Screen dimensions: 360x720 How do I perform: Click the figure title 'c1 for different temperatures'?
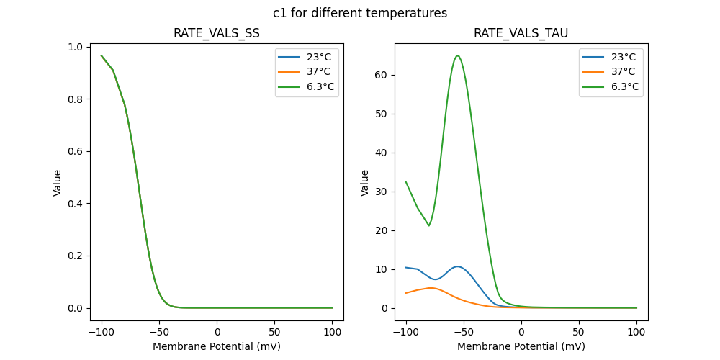360,13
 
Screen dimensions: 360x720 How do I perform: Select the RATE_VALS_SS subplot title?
217,33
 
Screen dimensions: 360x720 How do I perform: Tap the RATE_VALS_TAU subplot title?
521,33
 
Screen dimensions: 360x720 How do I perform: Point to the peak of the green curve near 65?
457,55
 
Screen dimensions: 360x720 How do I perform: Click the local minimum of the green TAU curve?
429,225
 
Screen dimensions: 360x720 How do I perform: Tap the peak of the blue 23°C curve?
457,266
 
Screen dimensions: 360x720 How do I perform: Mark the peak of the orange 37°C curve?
431,287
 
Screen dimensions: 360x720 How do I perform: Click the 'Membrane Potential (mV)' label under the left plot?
217,346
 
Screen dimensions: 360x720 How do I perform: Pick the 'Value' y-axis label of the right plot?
365,183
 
